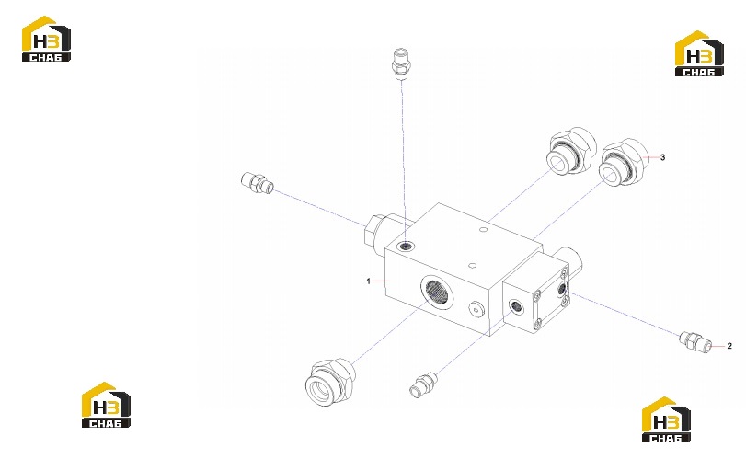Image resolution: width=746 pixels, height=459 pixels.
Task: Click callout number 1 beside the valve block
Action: pyautogui.click(x=368, y=281)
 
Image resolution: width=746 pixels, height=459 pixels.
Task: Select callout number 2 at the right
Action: pyautogui.click(x=729, y=346)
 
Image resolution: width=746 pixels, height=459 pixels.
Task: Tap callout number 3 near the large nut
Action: pyautogui.click(x=662, y=157)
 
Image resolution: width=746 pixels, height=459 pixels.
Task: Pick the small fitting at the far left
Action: pyautogui.click(x=258, y=183)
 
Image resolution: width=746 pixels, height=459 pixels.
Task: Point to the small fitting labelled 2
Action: pyautogui.click(x=695, y=342)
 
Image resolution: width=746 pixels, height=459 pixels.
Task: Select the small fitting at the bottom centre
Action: pyautogui.click(x=423, y=384)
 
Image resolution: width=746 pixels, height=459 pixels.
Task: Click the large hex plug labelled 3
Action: pyautogui.click(x=623, y=162)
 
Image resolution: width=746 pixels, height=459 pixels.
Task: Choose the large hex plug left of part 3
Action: pyautogui.click(x=571, y=150)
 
